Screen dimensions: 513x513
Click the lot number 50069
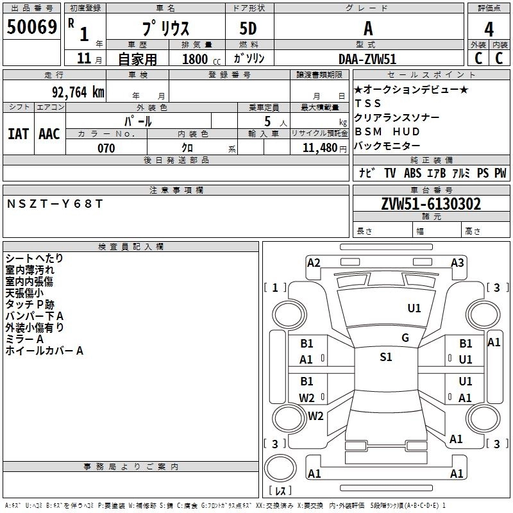(x=32, y=28)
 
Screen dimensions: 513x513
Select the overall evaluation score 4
(x=489, y=29)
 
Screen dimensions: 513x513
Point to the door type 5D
(x=248, y=29)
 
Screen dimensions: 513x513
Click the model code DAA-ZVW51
(x=367, y=58)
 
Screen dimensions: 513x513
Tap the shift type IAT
(x=18, y=133)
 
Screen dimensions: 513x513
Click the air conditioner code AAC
(x=49, y=133)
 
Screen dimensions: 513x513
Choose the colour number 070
(x=106, y=148)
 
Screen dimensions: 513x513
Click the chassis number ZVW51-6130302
(x=430, y=205)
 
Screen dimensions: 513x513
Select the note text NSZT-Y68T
(x=55, y=204)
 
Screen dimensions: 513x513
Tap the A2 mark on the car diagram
(x=314, y=262)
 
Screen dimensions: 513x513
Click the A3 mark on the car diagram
(x=457, y=262)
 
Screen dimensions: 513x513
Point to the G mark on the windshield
(x=405, y=338)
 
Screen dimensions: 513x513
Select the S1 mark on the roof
(x=385, y=357)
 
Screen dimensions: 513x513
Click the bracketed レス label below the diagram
(x=280, y=491)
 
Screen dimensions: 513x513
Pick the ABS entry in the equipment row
(x=412, y=173)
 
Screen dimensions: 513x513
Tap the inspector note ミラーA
(x=24, y=339)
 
